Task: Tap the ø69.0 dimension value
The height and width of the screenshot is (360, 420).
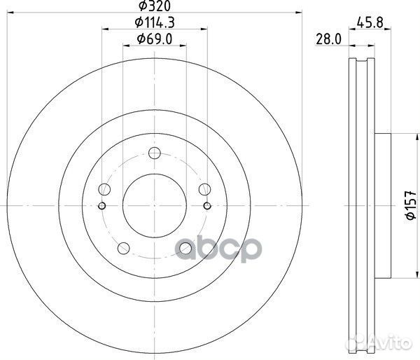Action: [x=155, y=39]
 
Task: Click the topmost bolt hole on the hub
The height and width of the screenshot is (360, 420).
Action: [x=155, y=153]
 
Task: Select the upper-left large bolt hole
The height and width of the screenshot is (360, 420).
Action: [x=105, y=189]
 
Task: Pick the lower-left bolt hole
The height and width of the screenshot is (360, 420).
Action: [x=124, y=247]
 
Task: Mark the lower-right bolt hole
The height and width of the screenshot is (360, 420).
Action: [x=185, y=247]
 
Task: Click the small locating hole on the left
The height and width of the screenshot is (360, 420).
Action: [x=102, y=205]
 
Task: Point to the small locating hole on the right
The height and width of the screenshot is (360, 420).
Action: [x=207, y=205]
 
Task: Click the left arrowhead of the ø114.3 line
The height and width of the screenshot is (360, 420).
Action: [x=105, y=29]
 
